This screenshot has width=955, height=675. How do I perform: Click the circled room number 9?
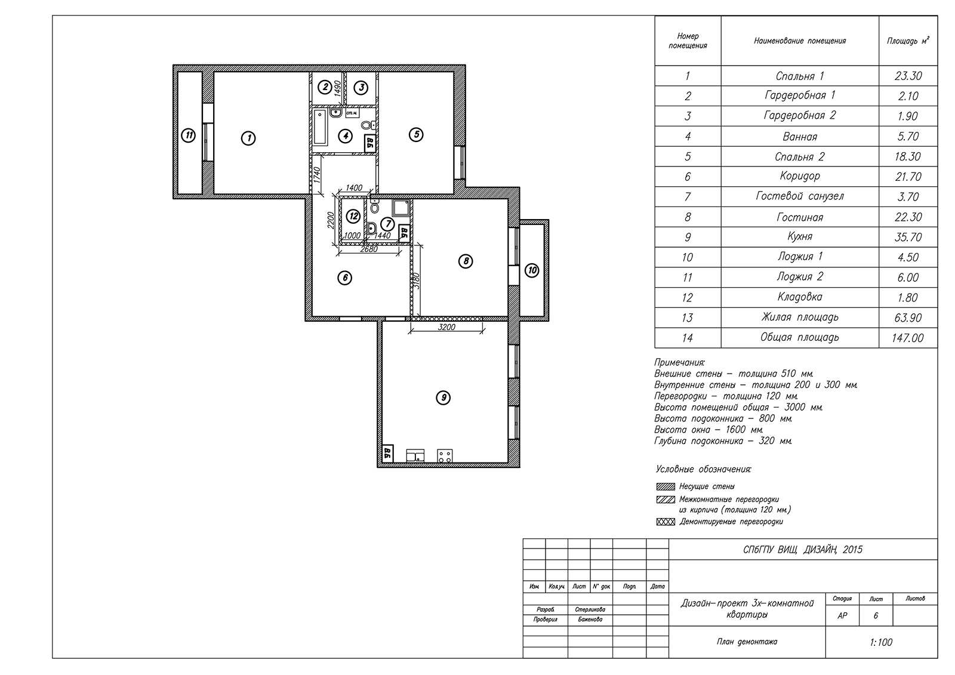click(443, 398)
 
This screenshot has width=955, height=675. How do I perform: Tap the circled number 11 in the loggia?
click(189, 136)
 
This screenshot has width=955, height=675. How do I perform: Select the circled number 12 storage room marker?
click(353, 216)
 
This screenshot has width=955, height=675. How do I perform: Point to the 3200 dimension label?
click(446, 327)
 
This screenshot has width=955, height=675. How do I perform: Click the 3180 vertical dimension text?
click(417, 281)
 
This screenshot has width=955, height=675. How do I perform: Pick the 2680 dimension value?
click(369, 249)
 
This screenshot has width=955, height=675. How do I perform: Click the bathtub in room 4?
click(320, 127)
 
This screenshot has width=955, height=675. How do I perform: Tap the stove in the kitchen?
click(445, 456)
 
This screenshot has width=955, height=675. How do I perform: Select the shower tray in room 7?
click(401, 208)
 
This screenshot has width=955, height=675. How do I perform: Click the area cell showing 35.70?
click(908, 237)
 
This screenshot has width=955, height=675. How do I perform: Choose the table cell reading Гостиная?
click(800, 217)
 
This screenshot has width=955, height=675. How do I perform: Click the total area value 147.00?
click(908, 338)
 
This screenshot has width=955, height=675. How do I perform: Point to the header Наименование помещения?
click(800, 41)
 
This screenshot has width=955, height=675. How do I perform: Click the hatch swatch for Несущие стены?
click(666, 486)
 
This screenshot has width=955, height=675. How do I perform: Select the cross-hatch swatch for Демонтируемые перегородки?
click(666, 522)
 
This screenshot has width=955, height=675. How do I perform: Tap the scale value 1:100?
click(881, 642)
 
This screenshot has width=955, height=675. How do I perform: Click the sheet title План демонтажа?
click(747, 642)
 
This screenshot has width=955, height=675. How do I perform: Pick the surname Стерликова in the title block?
click(590, 610)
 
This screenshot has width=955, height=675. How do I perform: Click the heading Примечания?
click(680, 362)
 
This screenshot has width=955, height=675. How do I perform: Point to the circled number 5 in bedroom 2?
click(416, 135)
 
